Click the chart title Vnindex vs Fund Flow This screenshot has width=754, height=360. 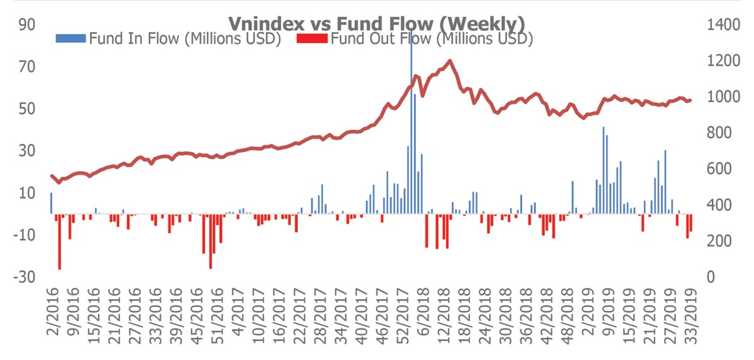(376, 23)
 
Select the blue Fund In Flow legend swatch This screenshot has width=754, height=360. (71, 39)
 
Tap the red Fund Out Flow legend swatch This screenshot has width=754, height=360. (311, 39)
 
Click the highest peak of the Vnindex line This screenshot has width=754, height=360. (449, 61)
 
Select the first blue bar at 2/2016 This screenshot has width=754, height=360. (52, 203)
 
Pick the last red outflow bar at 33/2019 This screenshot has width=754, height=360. (691, 222)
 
